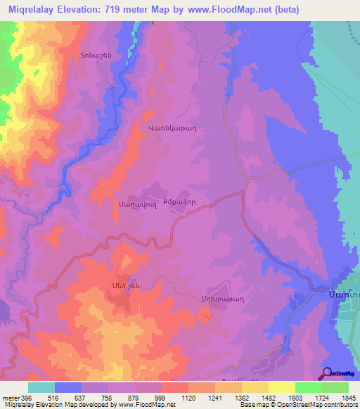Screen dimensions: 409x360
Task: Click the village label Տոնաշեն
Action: [96, 56]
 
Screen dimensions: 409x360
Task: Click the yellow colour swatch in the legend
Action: [281, 387]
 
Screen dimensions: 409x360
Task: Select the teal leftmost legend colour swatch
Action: [41, 387]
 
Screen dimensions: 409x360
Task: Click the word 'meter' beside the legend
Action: [10, 398]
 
